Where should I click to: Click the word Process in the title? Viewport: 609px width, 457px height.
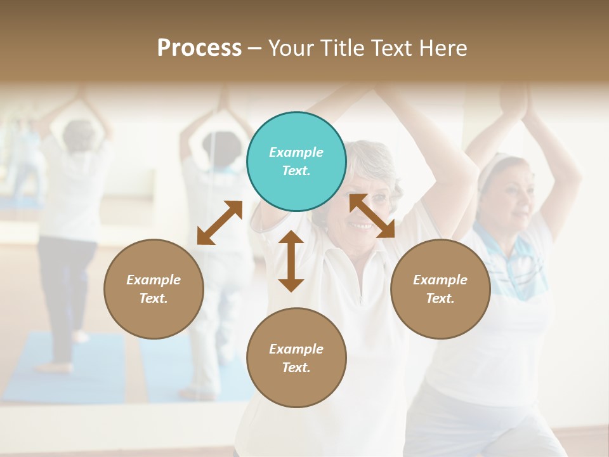coord(199,48)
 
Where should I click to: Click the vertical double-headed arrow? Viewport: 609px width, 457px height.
coord(291,261)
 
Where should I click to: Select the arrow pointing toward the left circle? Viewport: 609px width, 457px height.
coord(219,223)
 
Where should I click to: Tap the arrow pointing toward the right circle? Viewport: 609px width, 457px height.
coord(372,216)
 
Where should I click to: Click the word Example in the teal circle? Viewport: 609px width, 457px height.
coord(296,152)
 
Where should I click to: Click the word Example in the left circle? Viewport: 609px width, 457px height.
coord(154,280)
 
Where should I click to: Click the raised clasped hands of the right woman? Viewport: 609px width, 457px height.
coord(515,102)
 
